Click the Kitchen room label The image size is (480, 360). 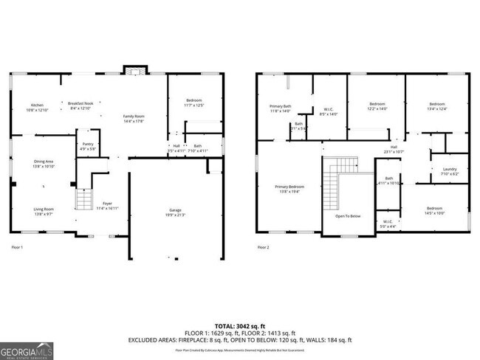tap(38, 107)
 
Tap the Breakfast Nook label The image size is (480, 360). tap(80, 105)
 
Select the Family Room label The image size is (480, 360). tap(134, 119)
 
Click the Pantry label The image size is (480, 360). tap(88, 146)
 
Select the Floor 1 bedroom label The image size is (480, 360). tap(193, 103)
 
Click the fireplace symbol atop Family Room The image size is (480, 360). tap(134, 72)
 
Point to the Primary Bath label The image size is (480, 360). tap(280, 108)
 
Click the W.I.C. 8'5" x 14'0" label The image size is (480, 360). tap(329, 112)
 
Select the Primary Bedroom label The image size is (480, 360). tap(289, 189)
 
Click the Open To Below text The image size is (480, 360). tap(348, 216)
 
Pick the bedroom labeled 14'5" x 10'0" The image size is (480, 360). tap(434, 211)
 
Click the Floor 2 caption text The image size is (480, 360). tap(264, 247)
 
